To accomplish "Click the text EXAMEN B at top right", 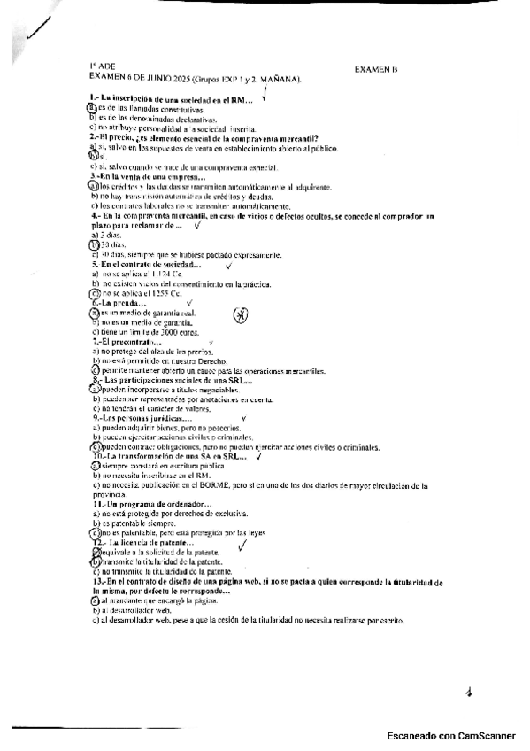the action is [x=377, y=68].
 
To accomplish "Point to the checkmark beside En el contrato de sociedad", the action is [x=229, y=265].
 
